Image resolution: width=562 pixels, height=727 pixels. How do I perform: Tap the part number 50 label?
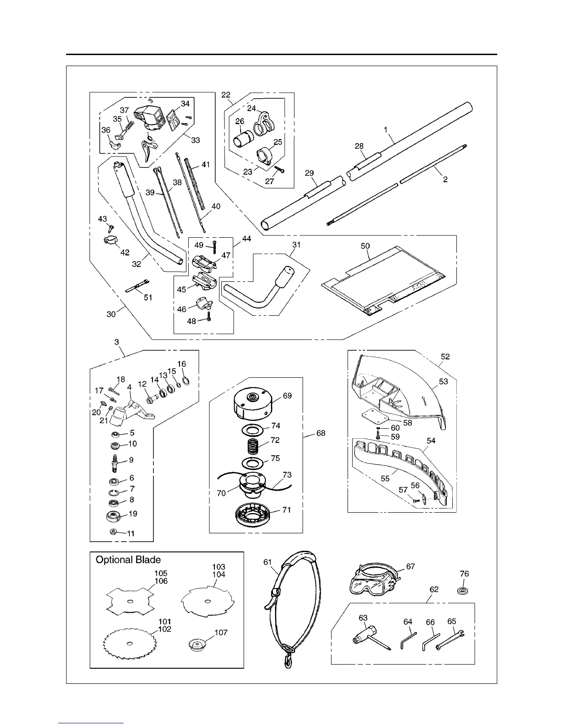click(x=365, y=246)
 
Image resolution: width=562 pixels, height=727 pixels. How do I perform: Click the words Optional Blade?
click(x=128, y=559)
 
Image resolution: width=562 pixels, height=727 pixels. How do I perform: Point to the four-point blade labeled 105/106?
click(x=129, y=602)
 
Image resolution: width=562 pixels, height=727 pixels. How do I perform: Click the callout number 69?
click(x=287, y=396)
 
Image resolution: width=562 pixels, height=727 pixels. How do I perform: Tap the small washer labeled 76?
click(x=464, y=589)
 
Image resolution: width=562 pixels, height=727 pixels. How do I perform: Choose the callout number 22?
click(x=226, y=95)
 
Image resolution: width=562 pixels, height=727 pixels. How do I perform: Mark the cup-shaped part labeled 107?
click(x=198, y=644)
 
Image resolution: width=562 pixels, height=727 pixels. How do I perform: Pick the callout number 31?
click(x=296, y=245)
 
